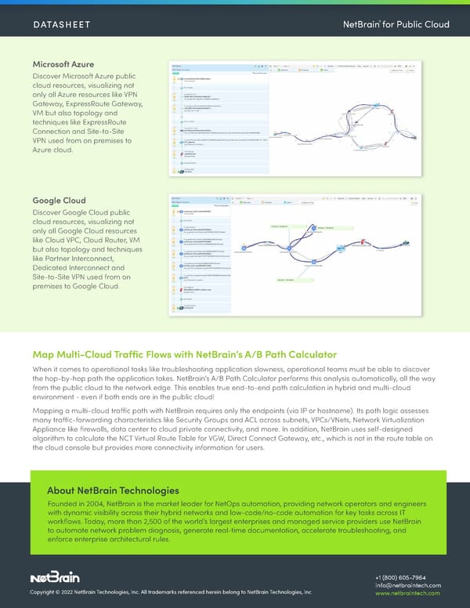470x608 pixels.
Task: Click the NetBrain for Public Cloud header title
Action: [396, 24]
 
